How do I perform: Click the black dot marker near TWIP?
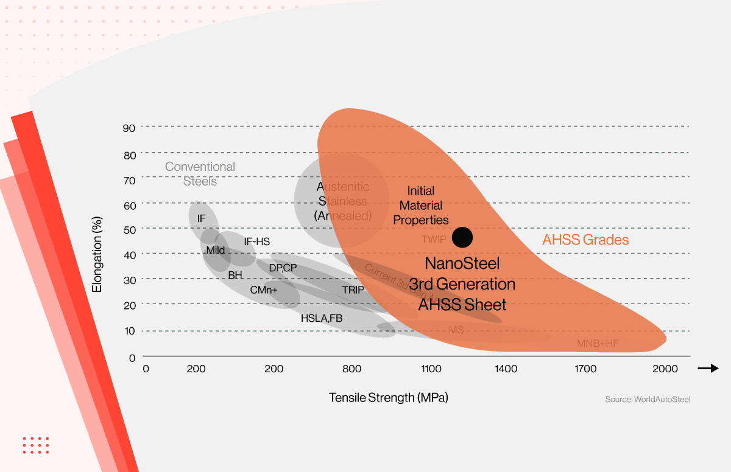462,237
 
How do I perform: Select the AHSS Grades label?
585,240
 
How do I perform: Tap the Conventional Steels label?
200,173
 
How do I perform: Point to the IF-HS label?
256,241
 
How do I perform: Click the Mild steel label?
215,250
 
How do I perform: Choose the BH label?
235,276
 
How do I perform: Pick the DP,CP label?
283,268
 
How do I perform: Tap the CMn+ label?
263,290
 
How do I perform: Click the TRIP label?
353,290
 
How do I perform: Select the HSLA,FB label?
322,318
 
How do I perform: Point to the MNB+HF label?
598,344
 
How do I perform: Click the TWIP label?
434,240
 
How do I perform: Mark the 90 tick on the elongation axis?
129,127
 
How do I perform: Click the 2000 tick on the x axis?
665,369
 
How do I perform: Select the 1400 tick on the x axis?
506,369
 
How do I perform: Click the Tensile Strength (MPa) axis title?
389,398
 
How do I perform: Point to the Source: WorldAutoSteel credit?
648,399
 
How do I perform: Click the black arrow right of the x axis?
708,368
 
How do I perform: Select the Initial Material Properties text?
421,206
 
